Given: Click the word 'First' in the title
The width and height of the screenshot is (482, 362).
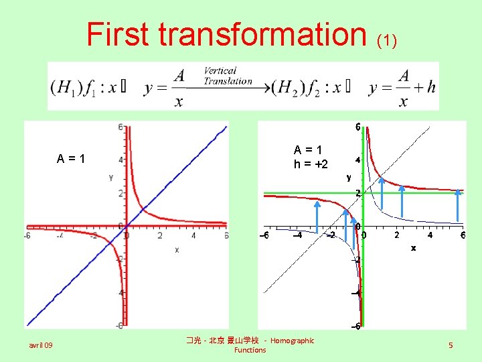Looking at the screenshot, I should tap(119, 34).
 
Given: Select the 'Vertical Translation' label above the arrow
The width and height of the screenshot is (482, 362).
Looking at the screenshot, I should tap(228, 76).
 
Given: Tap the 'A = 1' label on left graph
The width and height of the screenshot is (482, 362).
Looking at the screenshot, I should tap(71, 159).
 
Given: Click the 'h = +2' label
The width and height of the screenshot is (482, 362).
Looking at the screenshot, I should tap(311, 164).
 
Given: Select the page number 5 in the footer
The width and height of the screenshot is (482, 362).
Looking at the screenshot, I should tap(451, 345).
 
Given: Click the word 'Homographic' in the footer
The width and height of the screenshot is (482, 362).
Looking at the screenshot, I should tap(292, 341).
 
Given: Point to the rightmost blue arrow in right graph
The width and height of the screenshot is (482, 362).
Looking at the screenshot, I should tap(459, 204).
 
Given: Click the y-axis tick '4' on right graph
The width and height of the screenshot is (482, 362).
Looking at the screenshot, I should tap(358, 160).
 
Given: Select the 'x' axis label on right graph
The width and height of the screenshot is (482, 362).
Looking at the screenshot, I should tap(413, 247).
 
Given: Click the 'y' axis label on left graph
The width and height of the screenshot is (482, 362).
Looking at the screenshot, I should tap(110, 178).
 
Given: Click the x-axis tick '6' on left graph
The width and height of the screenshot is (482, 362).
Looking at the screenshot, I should tap(226, 235).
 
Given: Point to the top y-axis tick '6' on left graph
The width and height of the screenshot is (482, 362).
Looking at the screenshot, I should tap(120, 127).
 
